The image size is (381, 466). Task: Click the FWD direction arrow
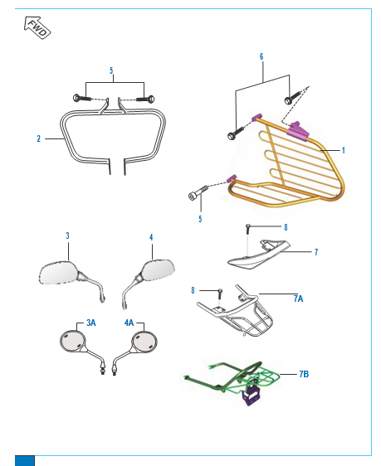[37, 27]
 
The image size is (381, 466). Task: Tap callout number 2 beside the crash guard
[39, 138]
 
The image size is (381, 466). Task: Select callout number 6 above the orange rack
[261, 56]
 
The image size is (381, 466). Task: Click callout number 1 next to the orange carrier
[343, 150]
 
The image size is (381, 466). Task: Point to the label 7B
[304, 374]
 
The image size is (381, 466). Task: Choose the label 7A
[298, 299]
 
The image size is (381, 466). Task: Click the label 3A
[91, 323]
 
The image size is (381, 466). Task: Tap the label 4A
[129, 323]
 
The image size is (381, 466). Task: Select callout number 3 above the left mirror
[67, 235]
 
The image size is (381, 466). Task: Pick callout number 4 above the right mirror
[151, 237]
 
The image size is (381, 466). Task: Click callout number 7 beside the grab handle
[316, 252]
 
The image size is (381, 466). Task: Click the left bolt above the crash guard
[82, 98]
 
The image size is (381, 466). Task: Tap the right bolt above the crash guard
[145, 98]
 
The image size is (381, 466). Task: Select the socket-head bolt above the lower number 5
[198, 192]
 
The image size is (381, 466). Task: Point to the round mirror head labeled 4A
[144, 342]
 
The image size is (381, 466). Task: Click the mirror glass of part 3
[58, 273]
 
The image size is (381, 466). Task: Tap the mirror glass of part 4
[159, 269]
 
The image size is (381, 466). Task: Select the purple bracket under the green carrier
[252, 393]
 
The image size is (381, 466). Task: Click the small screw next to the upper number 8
[247, 230]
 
